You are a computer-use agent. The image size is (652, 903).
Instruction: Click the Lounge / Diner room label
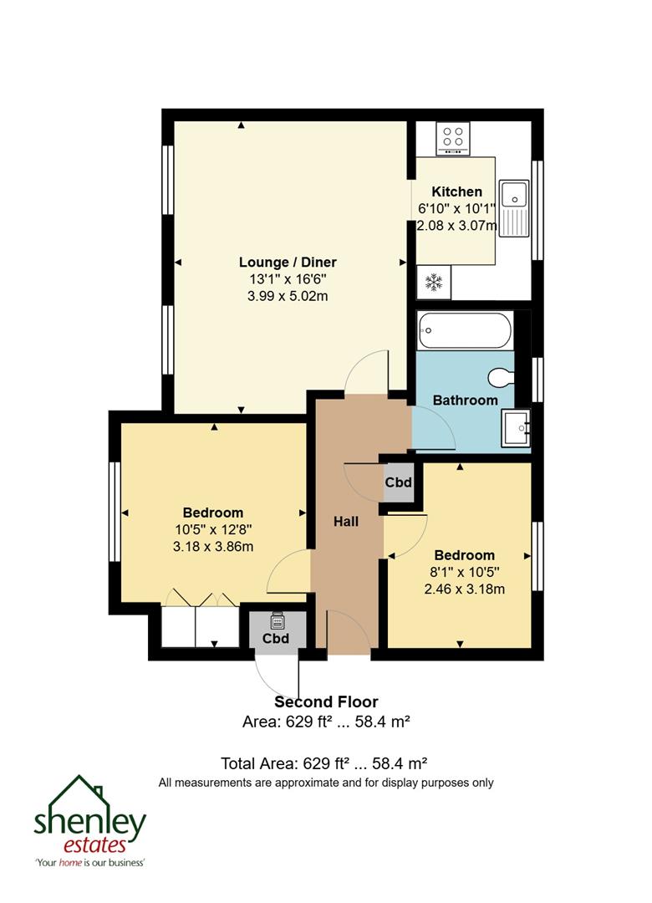pos(288,263)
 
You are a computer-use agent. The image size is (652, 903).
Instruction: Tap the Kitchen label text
pos(456,191)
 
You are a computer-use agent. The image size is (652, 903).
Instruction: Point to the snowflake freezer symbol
pos(434,283)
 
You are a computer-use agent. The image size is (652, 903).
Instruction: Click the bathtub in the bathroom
pos(465,330)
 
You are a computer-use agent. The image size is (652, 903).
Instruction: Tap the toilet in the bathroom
pos(502,379)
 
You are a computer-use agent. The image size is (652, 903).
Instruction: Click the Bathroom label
pos(465,400)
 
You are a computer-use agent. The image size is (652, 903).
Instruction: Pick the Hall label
pos(346,522)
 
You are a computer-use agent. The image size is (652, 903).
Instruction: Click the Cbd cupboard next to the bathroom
pos(398,483)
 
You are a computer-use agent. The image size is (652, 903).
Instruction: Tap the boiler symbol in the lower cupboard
pos(276,621)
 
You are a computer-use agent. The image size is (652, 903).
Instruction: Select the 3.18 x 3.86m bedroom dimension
pos(213,547)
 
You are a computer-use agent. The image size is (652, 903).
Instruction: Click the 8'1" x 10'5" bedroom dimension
pos(464,572)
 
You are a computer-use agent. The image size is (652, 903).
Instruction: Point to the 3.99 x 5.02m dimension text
pos(288,296)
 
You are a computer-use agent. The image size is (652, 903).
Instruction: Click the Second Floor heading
pos(326,702)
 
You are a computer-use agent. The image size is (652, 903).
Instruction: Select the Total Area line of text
pos(324,763)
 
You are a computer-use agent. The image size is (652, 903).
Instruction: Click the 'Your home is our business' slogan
pos(90,862)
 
